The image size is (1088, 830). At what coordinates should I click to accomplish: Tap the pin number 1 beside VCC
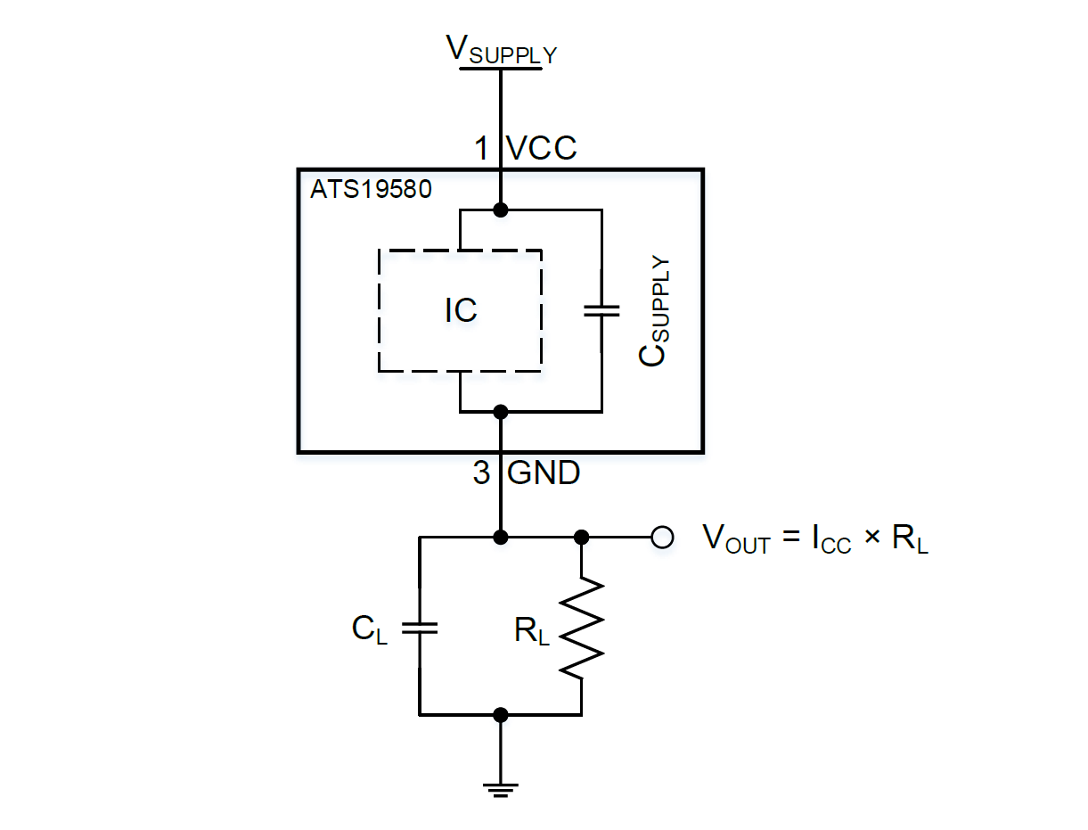coord(482,147)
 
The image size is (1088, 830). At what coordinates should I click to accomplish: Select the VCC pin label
coord(542,147)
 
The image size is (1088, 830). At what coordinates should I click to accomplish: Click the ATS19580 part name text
coord(371,190)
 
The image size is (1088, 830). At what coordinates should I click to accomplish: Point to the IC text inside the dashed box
coord(461,310)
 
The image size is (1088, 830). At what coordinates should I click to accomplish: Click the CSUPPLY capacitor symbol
coord(601,310)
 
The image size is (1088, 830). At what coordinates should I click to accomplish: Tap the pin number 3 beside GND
coord(482,473)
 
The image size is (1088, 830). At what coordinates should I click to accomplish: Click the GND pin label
coord(544,473)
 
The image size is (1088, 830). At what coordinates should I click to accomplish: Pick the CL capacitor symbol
coord(420,628)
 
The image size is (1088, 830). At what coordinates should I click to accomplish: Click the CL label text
coord(370,629)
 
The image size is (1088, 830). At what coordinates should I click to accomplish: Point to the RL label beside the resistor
coord(532,631)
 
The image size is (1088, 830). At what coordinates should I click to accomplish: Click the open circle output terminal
coord(661,537)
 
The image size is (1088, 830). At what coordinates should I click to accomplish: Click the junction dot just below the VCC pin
coord(501,210)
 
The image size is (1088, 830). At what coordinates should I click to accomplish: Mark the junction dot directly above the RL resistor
coord(582,537)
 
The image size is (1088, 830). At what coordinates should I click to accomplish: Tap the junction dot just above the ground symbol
coord(501,714)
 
